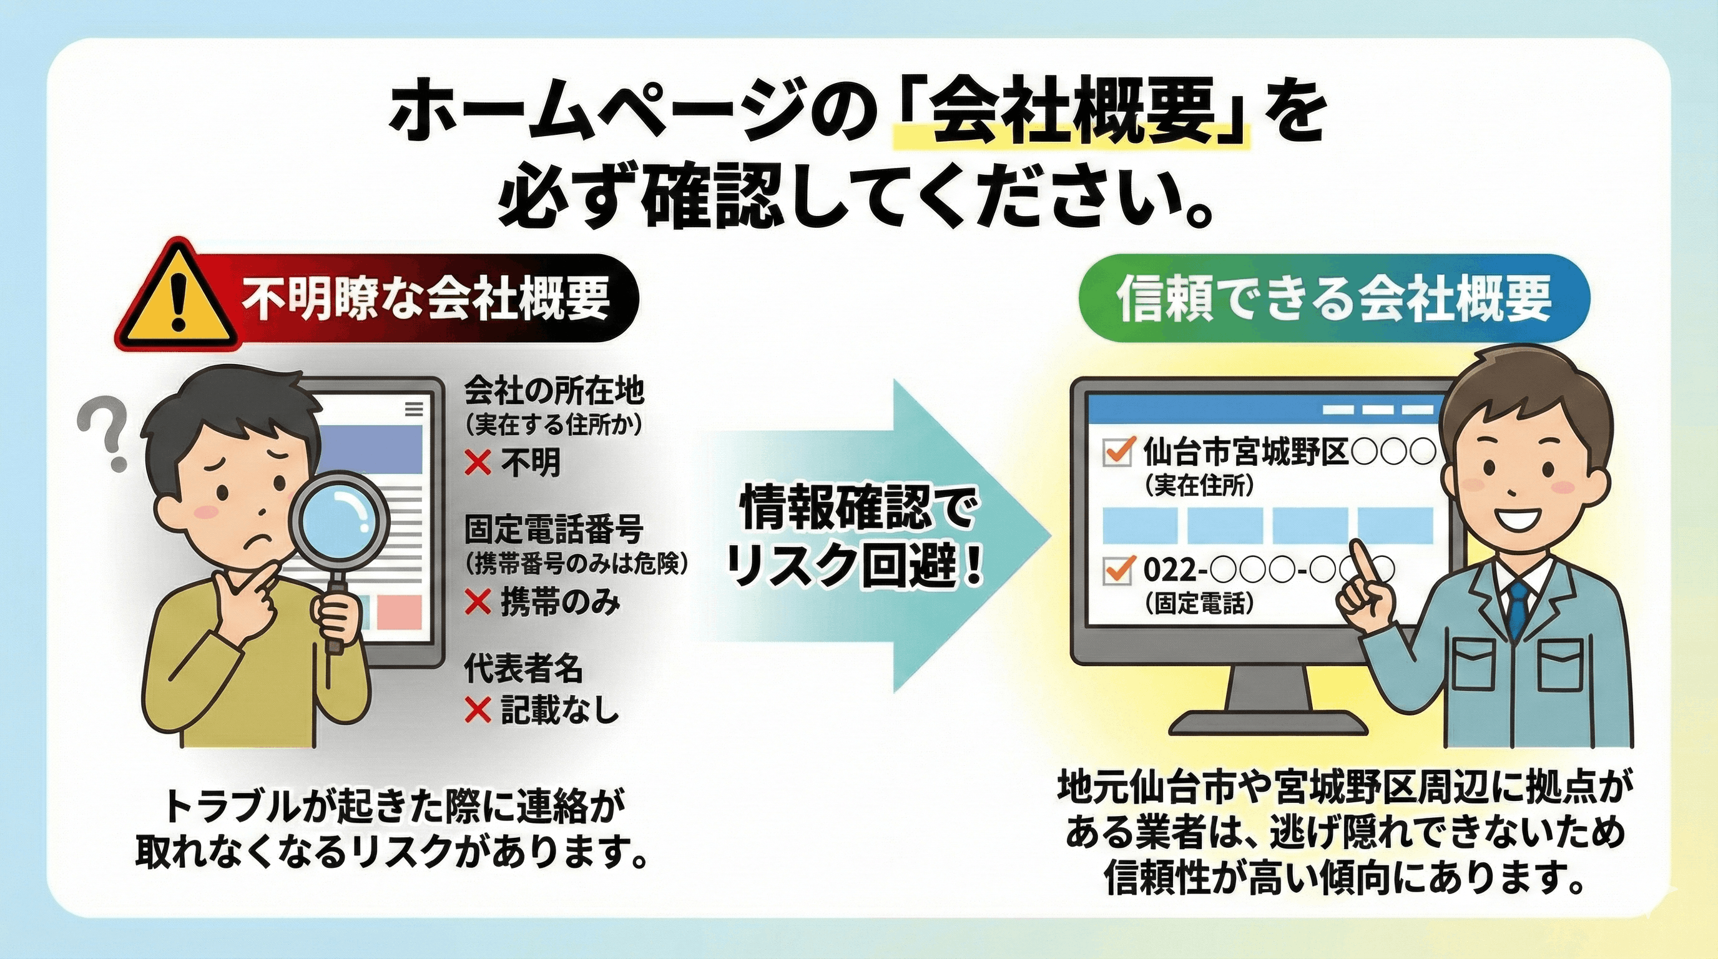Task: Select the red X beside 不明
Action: [x=478, y=462]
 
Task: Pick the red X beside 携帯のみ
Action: [x=478, y=602]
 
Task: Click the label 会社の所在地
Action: [x=554, y=391]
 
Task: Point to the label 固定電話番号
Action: [x=554, y=531]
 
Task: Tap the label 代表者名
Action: [x=524, y=667]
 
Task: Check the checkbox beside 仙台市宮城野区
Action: [x=1119, y=451]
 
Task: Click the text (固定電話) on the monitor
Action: [x=1199, y=603]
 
